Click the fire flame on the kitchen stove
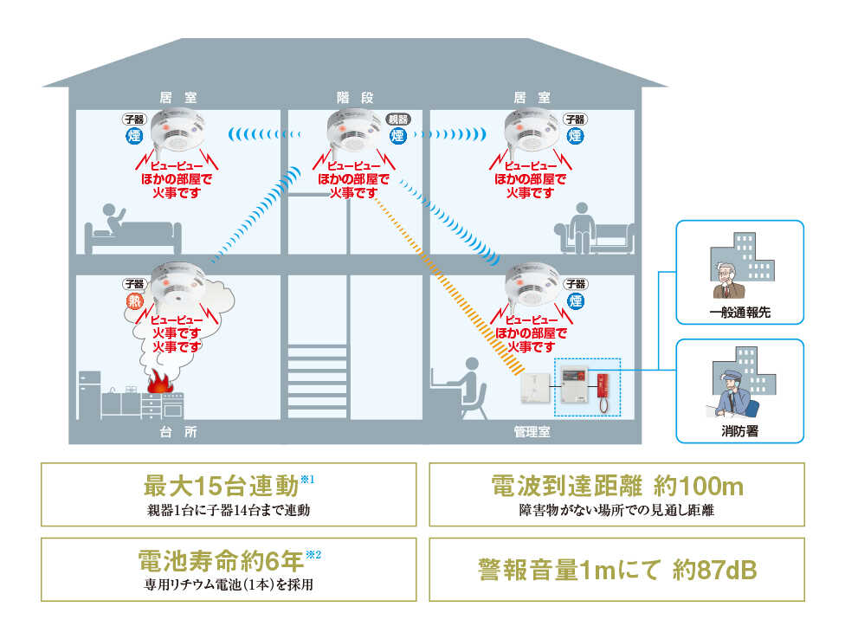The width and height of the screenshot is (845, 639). pos(158,382)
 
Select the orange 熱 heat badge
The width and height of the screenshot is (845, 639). pos(134,300)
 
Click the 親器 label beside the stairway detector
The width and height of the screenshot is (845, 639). pos(397,119)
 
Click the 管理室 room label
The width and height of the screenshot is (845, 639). pos(532,430)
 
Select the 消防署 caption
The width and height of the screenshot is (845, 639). pos(739,430)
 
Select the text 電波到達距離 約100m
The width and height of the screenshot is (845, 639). pos(616,486)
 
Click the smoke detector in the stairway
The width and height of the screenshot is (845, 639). pos(352,132)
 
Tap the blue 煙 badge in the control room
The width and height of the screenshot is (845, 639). pos(575,300)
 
